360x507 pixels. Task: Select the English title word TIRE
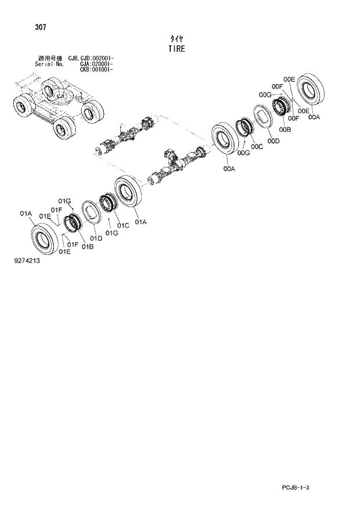click(x=177, y=49)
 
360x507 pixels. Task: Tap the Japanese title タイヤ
click(x=177, y=38)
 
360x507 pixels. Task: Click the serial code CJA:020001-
click(x=96, y=64)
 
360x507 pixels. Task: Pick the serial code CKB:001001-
click(x=96, y=70)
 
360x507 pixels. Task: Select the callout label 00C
click(x=257, y=147)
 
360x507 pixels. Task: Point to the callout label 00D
click(x=274, y=141)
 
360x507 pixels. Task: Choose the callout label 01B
click(x=88, y=247)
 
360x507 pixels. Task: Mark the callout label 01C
click(x=122, y=225)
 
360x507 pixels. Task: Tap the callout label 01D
click(x=96, y=238)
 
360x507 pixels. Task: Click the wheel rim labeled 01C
click(x=109, y=206)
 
